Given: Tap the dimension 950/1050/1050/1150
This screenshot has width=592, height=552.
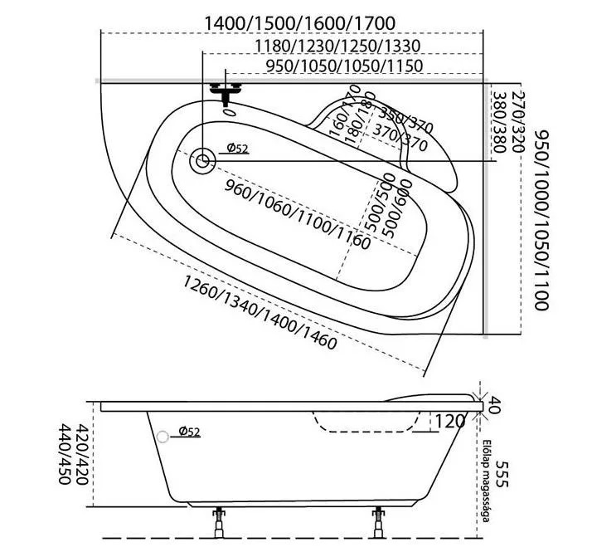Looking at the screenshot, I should (x=345, y=66).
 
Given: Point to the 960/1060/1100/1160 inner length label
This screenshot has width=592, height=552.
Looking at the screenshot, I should (x=297, y=212).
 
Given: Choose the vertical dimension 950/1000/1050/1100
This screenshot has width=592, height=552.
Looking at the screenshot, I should (x=541, y=220).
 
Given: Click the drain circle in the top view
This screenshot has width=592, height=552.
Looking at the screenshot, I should (x=202, y=160).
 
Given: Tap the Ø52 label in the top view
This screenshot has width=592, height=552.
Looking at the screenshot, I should (x=237, y=149).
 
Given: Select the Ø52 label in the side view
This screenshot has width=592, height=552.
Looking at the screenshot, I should (x=188, y=432).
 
